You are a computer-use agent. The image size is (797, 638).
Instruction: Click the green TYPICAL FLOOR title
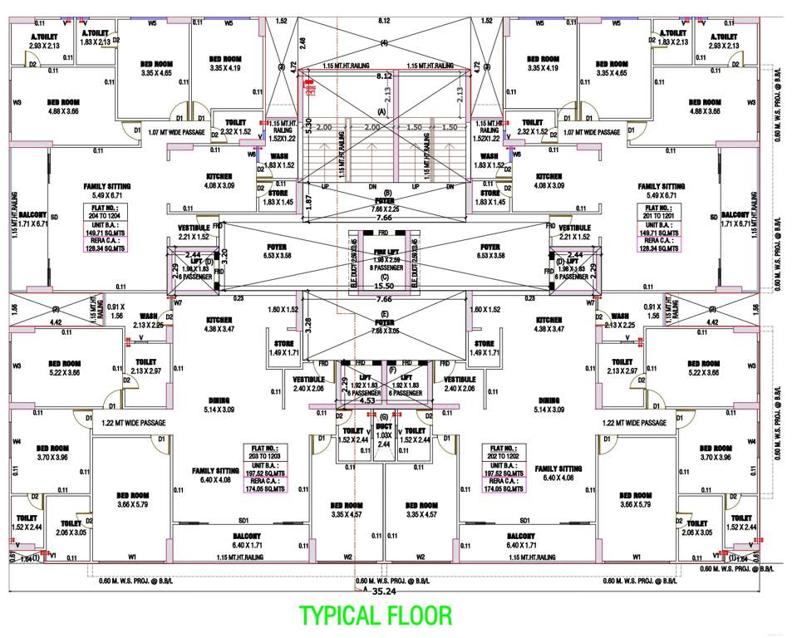click(376, 616)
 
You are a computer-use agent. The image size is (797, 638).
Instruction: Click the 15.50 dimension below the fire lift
click(384, 286)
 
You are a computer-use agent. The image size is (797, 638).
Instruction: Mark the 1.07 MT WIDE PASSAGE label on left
click(175, 132)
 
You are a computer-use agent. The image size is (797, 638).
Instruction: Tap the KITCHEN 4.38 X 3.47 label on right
click(551, 324)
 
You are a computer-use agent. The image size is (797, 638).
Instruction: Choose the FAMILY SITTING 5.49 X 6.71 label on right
click(662, 191)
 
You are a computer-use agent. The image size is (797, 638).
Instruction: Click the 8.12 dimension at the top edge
click(384, 19)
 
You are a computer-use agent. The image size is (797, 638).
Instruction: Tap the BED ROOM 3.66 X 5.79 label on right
click(637, 499)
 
